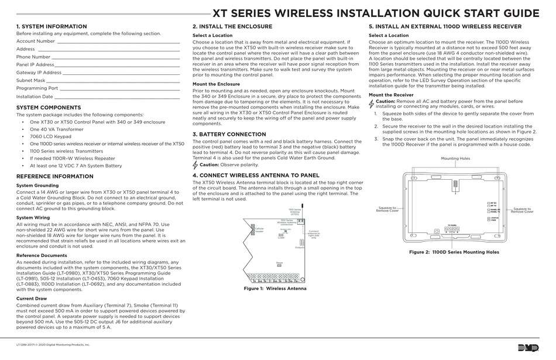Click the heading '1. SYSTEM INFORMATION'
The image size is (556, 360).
(x=52, y=27)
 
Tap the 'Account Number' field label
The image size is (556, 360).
(x=36, y=42)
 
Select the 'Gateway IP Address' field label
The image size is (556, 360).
(x=39, y=73)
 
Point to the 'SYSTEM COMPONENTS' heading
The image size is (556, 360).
(x=49, y=108)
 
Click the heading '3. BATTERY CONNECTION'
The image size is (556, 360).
(x=229, y=134)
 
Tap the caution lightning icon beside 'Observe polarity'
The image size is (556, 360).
(x=195, y=165)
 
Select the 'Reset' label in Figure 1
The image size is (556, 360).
(x=280, y=262)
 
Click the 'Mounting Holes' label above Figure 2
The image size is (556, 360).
(x=455, y=159)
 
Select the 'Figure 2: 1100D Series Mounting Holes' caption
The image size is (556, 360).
(x=454, y=252)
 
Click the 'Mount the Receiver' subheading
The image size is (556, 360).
(x=391, y=95)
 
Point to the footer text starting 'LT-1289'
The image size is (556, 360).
(x=53, y=345)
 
